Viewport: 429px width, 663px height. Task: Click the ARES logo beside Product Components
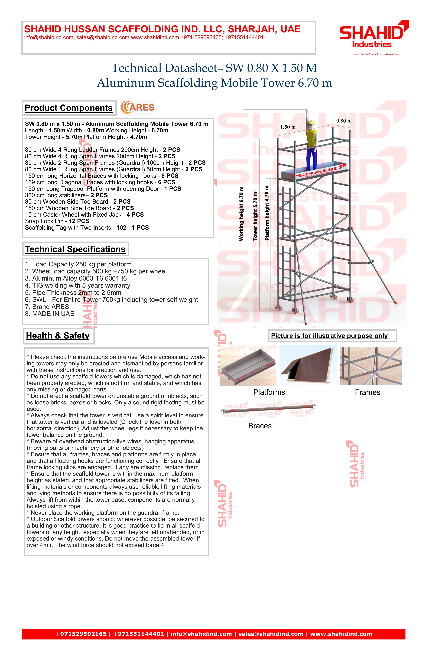[x=137, y=108]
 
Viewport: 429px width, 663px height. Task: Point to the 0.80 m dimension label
[x=344, y=121]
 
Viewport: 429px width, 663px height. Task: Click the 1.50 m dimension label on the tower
[x=288, y=127]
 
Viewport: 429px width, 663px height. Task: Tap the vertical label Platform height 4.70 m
[x=267, y=213]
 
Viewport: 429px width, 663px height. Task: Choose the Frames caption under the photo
[x=367, y=392]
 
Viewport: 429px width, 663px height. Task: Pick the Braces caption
[x=260, y=426]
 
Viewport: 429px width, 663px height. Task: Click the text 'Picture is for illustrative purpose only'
[x=329, y=336]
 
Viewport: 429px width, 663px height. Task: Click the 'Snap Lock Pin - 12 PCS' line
[x=57, y=221]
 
